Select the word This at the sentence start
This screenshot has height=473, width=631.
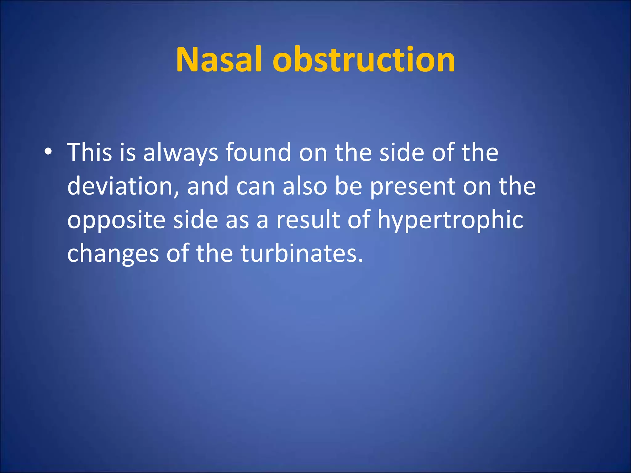coord(89,152)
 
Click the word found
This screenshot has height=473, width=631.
coord(258,152)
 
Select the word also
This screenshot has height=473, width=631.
coord(305,186)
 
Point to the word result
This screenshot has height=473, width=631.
coord(308,220)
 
